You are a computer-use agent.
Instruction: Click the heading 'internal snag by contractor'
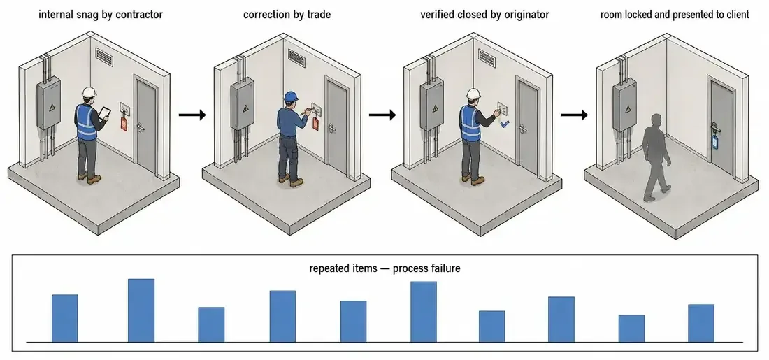pos(101,15)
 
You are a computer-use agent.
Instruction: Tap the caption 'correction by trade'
pos(287,15)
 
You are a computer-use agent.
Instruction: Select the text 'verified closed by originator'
pos(484,15)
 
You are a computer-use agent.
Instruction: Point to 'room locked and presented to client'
pos(675,15)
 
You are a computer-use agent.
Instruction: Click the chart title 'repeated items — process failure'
pos(385,268)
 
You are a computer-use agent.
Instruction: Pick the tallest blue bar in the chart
pos(141,310)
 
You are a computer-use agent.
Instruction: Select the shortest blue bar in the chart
pos(631,328)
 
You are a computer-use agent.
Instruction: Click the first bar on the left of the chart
pos(65,318)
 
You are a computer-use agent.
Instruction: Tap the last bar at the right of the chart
pos(700,323)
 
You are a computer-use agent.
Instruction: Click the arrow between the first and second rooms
pos(192,115)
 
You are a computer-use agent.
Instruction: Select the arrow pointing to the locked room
pos(574,115)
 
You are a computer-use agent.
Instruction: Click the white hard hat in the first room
pos(89,92)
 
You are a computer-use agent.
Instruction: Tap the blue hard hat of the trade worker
pos(292,96)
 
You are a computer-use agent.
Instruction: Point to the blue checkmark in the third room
pos(505,125)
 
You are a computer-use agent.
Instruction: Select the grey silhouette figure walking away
pos(656,157)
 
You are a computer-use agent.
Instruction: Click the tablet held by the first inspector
pos(104,113)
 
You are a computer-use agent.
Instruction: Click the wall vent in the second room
pos(296,57)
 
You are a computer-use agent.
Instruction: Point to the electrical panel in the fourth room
pos(624,104)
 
